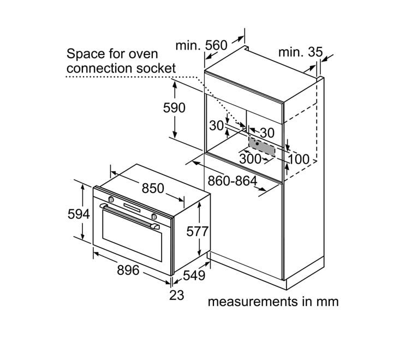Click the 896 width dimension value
pos(128,271)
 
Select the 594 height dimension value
pos(79,214)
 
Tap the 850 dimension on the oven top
pos(153,188)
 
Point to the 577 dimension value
pos(197,231)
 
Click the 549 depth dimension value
pos(194,275)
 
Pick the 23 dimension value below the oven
pos(177,295)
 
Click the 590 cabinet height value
pos(174,108)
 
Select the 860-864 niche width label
pos(233,181)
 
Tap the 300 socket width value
pos(251,159)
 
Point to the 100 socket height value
pos(298,159)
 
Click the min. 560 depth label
pos(201,46)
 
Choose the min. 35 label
pos(301,52)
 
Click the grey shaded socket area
pos(261,146)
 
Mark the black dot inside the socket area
pos(257,144)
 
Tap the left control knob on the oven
pos(111,200)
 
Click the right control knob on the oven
pos(154,216)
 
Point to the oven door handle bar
pos(129,215)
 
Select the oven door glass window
pos(132,235)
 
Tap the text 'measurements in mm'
pos(273,302)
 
